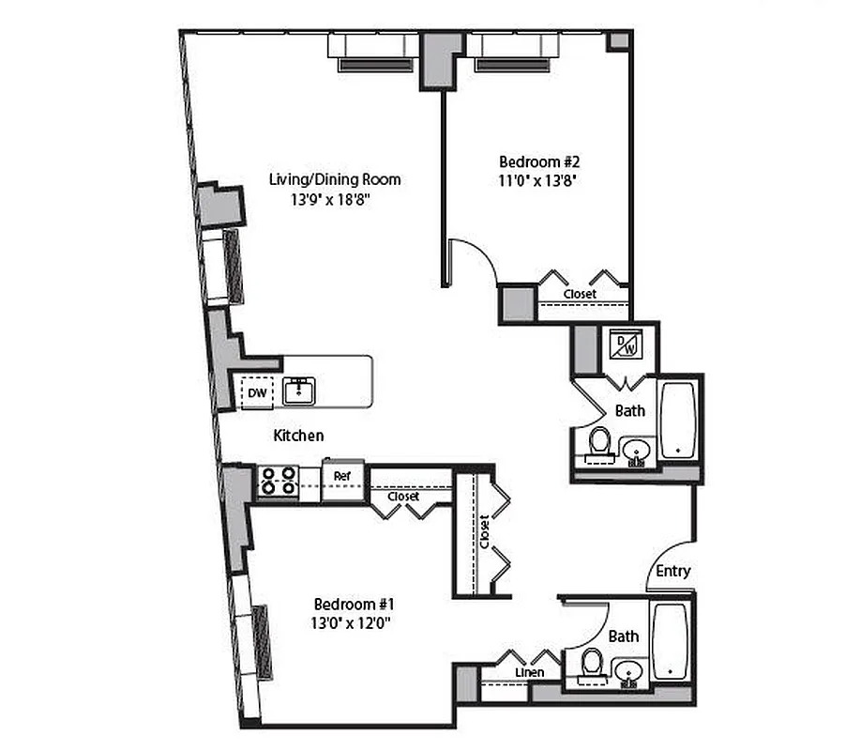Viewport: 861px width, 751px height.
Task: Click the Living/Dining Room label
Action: click(x=335, y=179)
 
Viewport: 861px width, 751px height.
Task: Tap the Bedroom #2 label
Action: click(x=533, y=161)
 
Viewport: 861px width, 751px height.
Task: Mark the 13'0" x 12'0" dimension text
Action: click(x=352, y=621)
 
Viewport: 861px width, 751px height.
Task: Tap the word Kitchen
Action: click(x=298, y=436)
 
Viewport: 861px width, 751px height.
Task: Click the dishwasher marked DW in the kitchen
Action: click(x=257, y=393)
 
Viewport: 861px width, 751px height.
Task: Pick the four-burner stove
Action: click(x=278, y=481)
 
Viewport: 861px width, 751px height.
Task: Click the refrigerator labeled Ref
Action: click(x=341, y=476)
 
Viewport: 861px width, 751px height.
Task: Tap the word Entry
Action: click(x=673, y=571)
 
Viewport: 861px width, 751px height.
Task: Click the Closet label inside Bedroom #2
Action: click(x=580, y=294)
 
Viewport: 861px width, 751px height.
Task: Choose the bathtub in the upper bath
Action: click(x=678, y=420)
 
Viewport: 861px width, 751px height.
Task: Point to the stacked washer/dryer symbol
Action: click(x=625, y=345)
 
